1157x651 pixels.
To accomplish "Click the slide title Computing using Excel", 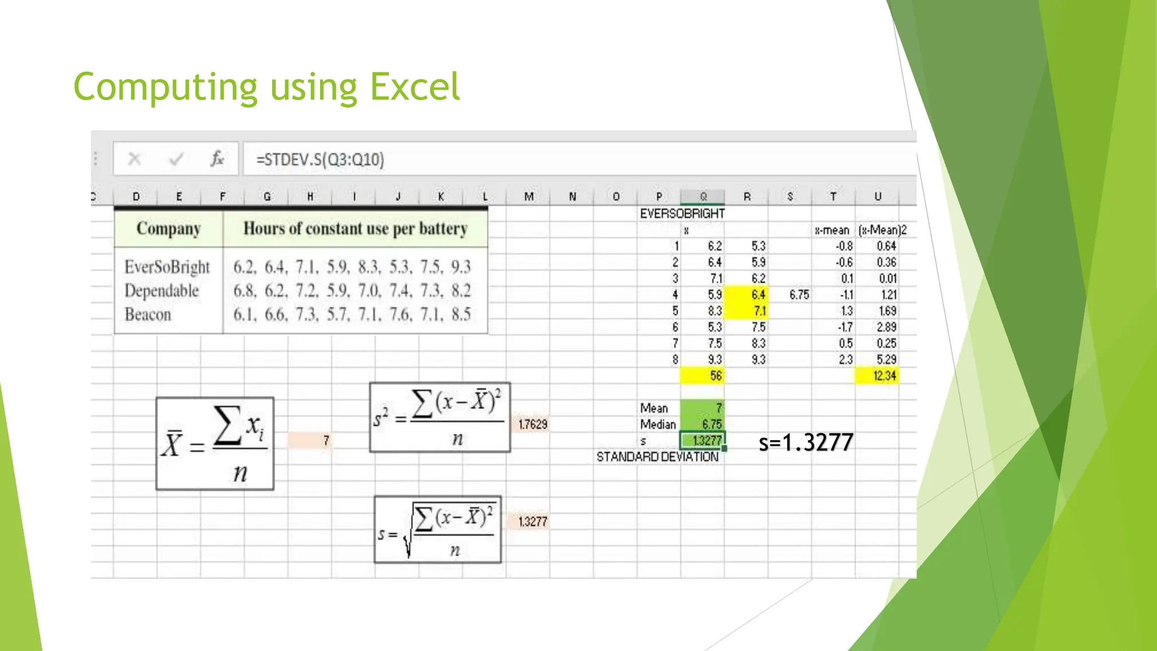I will click(267, 87).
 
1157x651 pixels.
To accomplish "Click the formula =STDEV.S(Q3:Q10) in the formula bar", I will click(320, 159).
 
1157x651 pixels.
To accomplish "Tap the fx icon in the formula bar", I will click(217, 159).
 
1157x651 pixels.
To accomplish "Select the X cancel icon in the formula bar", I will click(134, 159).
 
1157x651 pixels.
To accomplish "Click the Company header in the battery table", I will click(168, 229).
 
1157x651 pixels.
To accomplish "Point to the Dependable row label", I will click(162, 290).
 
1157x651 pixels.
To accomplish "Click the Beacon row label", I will click(148, 314).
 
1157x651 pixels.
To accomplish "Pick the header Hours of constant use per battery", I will click(355, 229).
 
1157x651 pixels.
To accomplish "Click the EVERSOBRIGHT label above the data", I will click(682, 214).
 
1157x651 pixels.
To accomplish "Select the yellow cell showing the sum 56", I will click(703, 376).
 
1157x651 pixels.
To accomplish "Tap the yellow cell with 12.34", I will click(878, 376).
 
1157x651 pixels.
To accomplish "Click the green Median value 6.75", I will click(703, 424).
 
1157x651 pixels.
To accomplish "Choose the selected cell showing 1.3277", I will click(703, 440).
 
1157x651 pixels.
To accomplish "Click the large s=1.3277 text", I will click(806, 442).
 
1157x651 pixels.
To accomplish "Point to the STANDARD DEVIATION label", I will click(658, 457).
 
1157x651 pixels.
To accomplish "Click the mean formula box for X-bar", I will click(215, 444).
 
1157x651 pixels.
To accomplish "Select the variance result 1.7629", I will click(533, 424).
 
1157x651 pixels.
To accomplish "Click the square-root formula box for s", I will click(438, 530).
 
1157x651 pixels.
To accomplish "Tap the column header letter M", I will click(529, 197).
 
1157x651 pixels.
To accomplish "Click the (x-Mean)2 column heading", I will click(882, 230).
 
